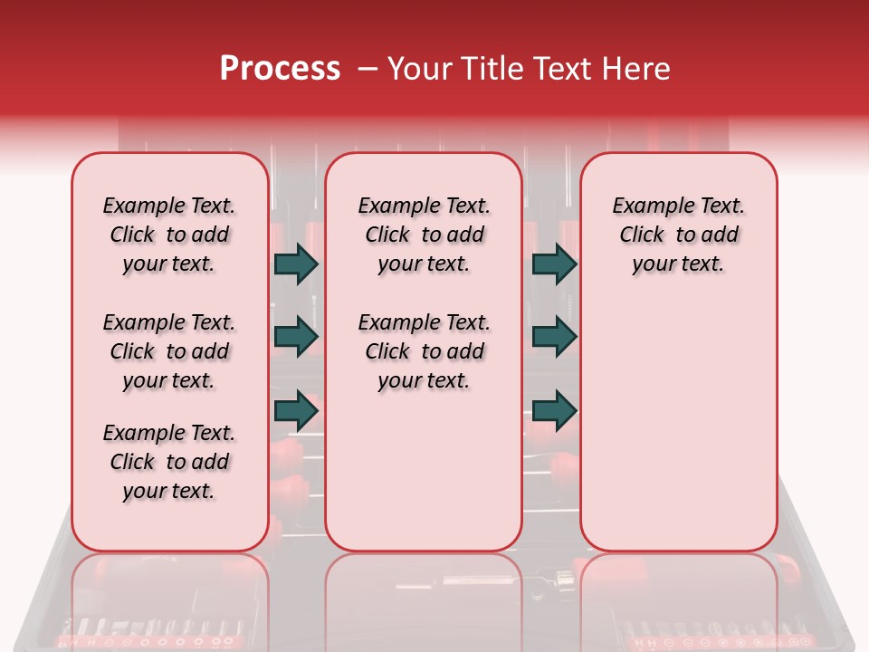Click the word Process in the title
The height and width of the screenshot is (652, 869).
(280, 69)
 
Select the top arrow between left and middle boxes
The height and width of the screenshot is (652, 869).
(296, 264)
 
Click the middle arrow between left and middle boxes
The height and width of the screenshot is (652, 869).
(296, 337)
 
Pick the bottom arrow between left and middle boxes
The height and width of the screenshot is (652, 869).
(296, 410)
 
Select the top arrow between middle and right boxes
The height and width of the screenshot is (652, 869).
(554, 264)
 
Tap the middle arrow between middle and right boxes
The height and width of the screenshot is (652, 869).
(554, 337)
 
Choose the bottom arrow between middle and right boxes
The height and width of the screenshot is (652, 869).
(554, 410)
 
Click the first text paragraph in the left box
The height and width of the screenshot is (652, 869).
(169, 235)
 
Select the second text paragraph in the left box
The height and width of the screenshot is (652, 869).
(169, 351)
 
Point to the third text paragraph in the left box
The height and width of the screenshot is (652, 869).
(169, 462)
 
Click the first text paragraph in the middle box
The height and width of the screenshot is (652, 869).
(424, 235)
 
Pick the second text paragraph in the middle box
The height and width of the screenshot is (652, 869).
(424, 351)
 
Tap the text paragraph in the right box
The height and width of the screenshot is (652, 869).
(678, 235)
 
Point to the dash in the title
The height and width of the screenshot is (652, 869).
(368, 69)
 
